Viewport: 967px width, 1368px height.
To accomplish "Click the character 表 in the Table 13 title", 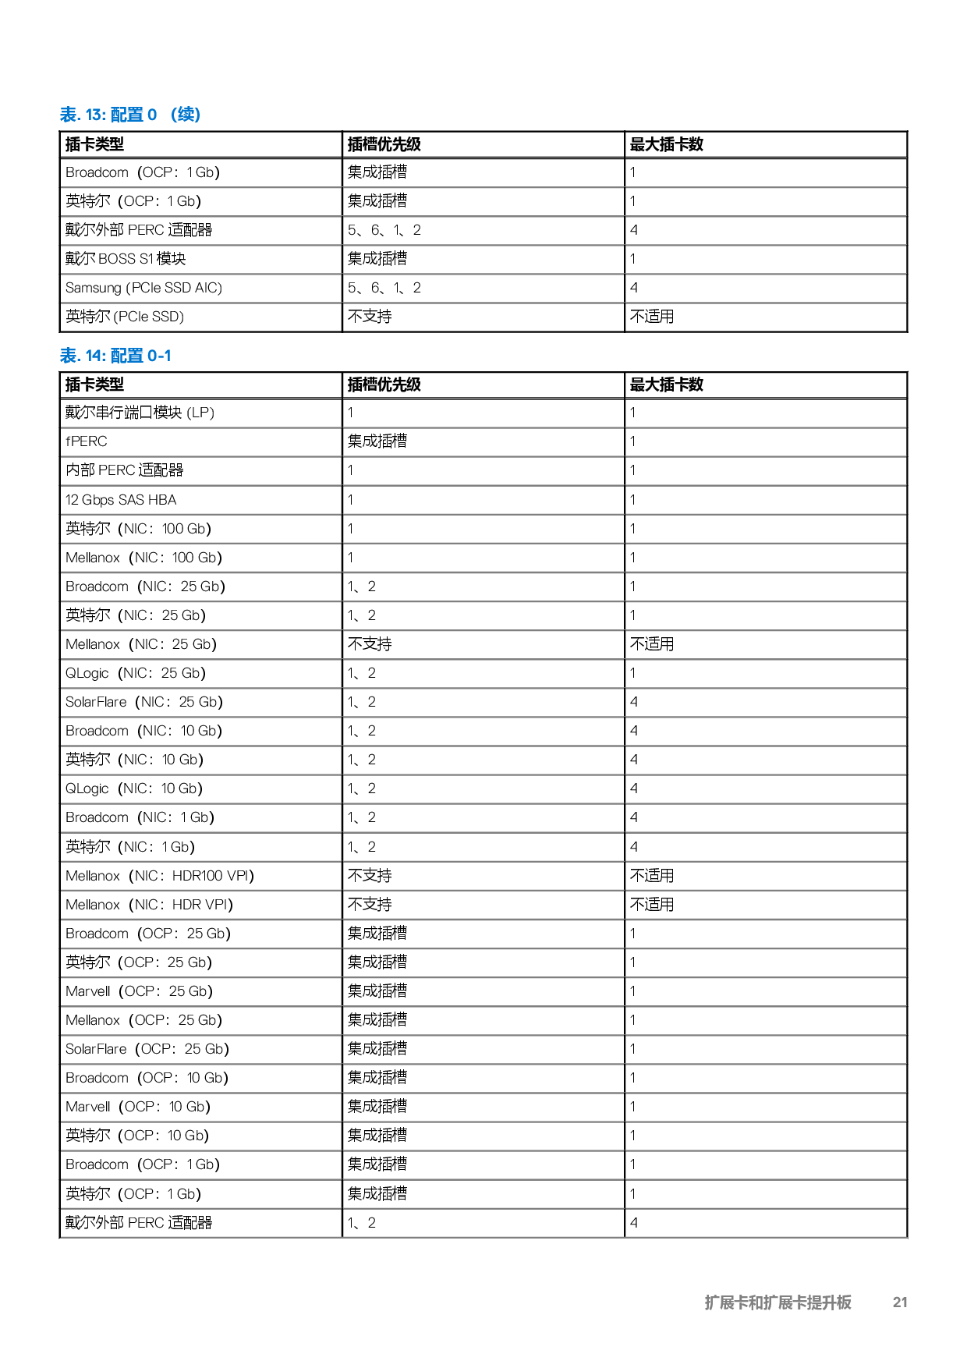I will (69, 115).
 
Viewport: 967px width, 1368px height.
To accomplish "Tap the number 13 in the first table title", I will (94, 115).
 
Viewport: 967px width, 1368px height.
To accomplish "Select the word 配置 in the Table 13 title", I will (126, 115).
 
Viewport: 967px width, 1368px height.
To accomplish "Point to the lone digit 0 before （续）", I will (152, 115).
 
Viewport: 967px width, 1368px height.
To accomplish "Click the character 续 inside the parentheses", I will (186, 115).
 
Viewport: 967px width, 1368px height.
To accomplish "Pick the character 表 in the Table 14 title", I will (69, 356).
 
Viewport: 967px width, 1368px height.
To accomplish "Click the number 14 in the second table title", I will (94, 356).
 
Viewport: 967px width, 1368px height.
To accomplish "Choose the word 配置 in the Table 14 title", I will (126, 356).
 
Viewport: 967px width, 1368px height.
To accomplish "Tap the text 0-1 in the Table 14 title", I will (159, 356).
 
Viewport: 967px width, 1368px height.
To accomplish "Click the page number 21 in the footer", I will (900, 1302).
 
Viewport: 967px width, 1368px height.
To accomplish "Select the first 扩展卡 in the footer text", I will (725, 1302).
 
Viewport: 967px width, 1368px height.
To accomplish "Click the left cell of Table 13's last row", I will (201, 289).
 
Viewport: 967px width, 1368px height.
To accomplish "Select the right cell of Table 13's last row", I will (765, 289).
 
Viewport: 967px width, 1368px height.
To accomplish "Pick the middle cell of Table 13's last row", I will (483, 289).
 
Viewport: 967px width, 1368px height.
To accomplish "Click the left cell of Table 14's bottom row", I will (201, 1223).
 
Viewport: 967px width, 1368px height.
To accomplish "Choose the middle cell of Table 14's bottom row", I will (483, 1223).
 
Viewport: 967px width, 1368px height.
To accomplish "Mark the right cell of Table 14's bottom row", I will (765, 1223).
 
